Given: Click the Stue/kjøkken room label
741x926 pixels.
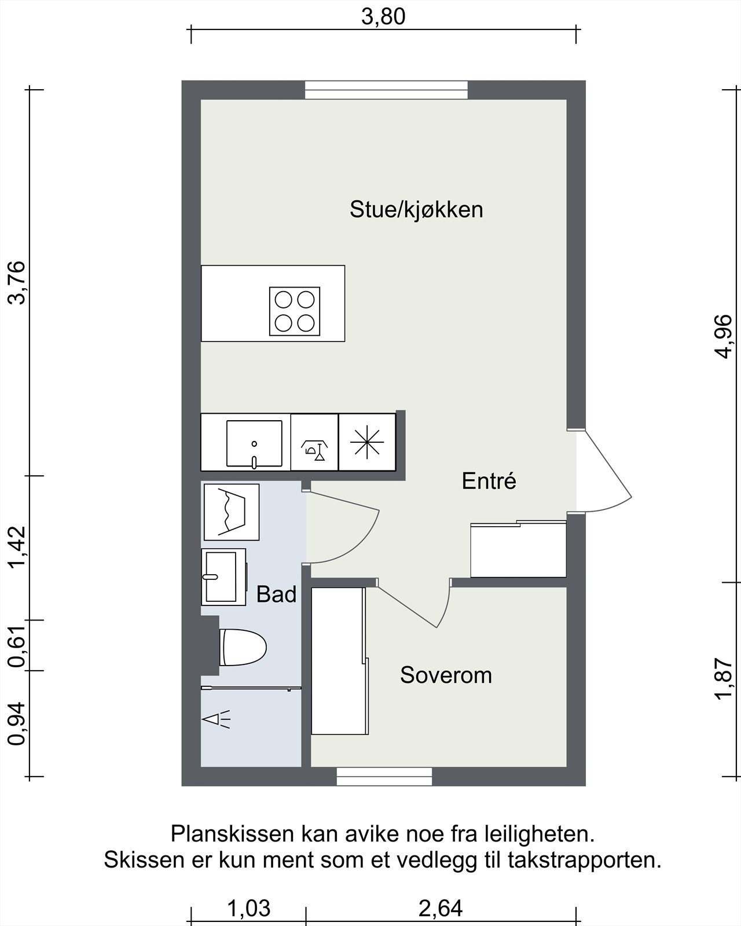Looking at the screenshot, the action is point(416,210).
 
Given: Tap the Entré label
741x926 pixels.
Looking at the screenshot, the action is point(489,480).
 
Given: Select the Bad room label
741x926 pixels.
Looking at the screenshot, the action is point(276,595).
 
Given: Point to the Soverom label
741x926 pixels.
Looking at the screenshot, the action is point(446,675).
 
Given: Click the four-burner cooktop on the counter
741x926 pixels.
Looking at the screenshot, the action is point(295,311).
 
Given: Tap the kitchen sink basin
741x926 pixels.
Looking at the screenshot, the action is point(254,444).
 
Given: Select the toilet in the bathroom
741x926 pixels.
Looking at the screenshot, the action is point(243,647).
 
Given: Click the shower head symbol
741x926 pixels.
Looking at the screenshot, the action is point(216,719).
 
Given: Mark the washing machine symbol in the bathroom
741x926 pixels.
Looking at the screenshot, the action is point(232,512).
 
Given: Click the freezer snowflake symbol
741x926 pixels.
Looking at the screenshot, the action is point(367,443).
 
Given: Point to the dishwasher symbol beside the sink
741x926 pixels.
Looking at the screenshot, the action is point(314,443).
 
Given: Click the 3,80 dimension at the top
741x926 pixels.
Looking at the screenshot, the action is point(383,17).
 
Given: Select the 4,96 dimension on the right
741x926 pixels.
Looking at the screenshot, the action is point(724,336).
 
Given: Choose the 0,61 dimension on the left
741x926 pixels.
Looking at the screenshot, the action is point(17,645).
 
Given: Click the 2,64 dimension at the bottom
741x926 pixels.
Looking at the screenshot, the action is point(441,909).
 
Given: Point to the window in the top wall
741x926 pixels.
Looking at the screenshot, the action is point(386,90).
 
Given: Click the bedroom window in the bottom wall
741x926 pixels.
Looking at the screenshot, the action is point(384,776).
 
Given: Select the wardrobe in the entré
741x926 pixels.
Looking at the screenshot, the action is point(518,549).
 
